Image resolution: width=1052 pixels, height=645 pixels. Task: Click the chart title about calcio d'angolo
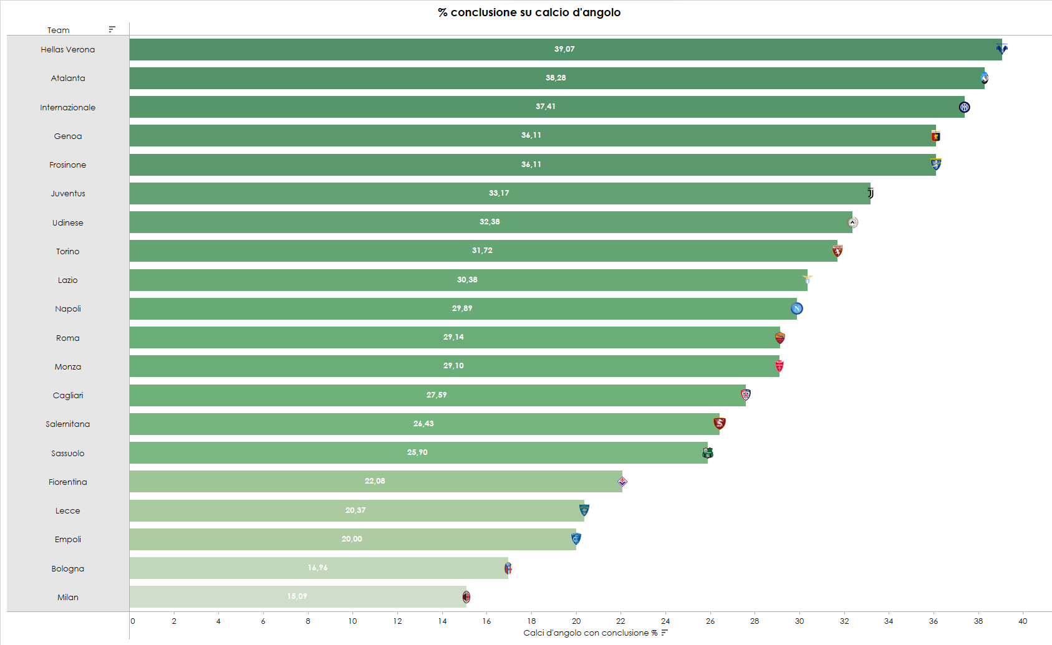(529, 12)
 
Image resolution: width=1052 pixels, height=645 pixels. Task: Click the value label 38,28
(556, 78)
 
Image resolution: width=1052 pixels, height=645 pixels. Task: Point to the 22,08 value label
(375, 481)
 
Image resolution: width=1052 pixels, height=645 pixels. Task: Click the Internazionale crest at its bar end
(964, 107)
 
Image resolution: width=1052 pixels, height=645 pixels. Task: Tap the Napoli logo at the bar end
(796, 308)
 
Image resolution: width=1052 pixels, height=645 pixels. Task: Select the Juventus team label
(68, 194)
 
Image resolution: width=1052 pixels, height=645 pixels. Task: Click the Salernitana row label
(68, 424)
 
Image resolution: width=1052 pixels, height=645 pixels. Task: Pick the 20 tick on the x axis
(576, 621)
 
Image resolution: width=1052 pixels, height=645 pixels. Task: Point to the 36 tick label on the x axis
(934, 621)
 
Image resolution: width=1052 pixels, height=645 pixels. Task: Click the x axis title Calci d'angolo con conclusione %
(590, 633)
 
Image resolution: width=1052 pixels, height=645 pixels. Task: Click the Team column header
(59, 30)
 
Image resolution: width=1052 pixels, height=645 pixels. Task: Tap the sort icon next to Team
(112, 29)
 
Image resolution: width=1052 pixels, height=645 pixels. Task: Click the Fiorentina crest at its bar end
(622, 482)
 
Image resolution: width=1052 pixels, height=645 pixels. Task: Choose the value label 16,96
(317, 568)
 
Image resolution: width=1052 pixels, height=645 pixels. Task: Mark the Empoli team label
(68, 540)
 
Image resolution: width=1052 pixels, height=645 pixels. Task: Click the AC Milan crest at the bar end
(466, 597)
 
